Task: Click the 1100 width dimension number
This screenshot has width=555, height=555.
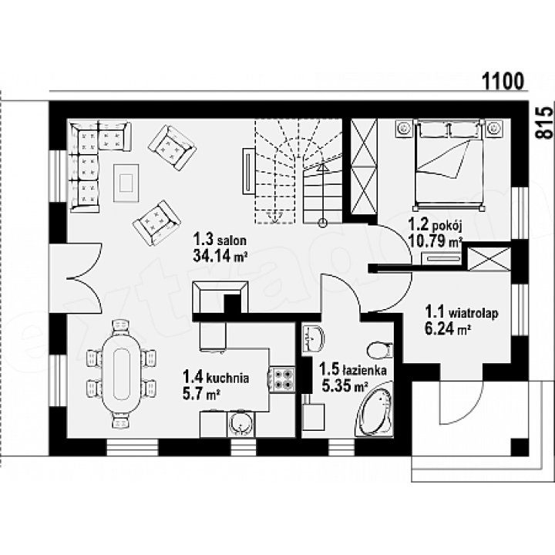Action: (503, 81)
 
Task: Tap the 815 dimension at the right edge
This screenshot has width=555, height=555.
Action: (543, 123)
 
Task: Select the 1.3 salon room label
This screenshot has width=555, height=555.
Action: (220, 240)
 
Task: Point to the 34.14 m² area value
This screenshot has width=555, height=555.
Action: (220, 255)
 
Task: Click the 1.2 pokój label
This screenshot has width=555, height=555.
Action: (436, 225)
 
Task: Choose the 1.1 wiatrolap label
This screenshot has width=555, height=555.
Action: (462, 313)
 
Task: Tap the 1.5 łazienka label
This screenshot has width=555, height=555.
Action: (353, 370)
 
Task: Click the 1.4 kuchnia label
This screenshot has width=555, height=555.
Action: (216, 378)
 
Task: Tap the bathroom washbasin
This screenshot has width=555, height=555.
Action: (314, 338)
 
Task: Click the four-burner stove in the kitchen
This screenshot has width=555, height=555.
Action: (283, 379)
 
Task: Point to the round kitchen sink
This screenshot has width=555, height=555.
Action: (241, 424)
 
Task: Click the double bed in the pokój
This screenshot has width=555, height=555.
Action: (448, 164)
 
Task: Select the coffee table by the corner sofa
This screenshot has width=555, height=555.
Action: (126, 183)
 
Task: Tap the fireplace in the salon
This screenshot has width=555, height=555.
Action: (220, 298)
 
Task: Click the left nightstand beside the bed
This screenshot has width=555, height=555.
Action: (404, 128)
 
